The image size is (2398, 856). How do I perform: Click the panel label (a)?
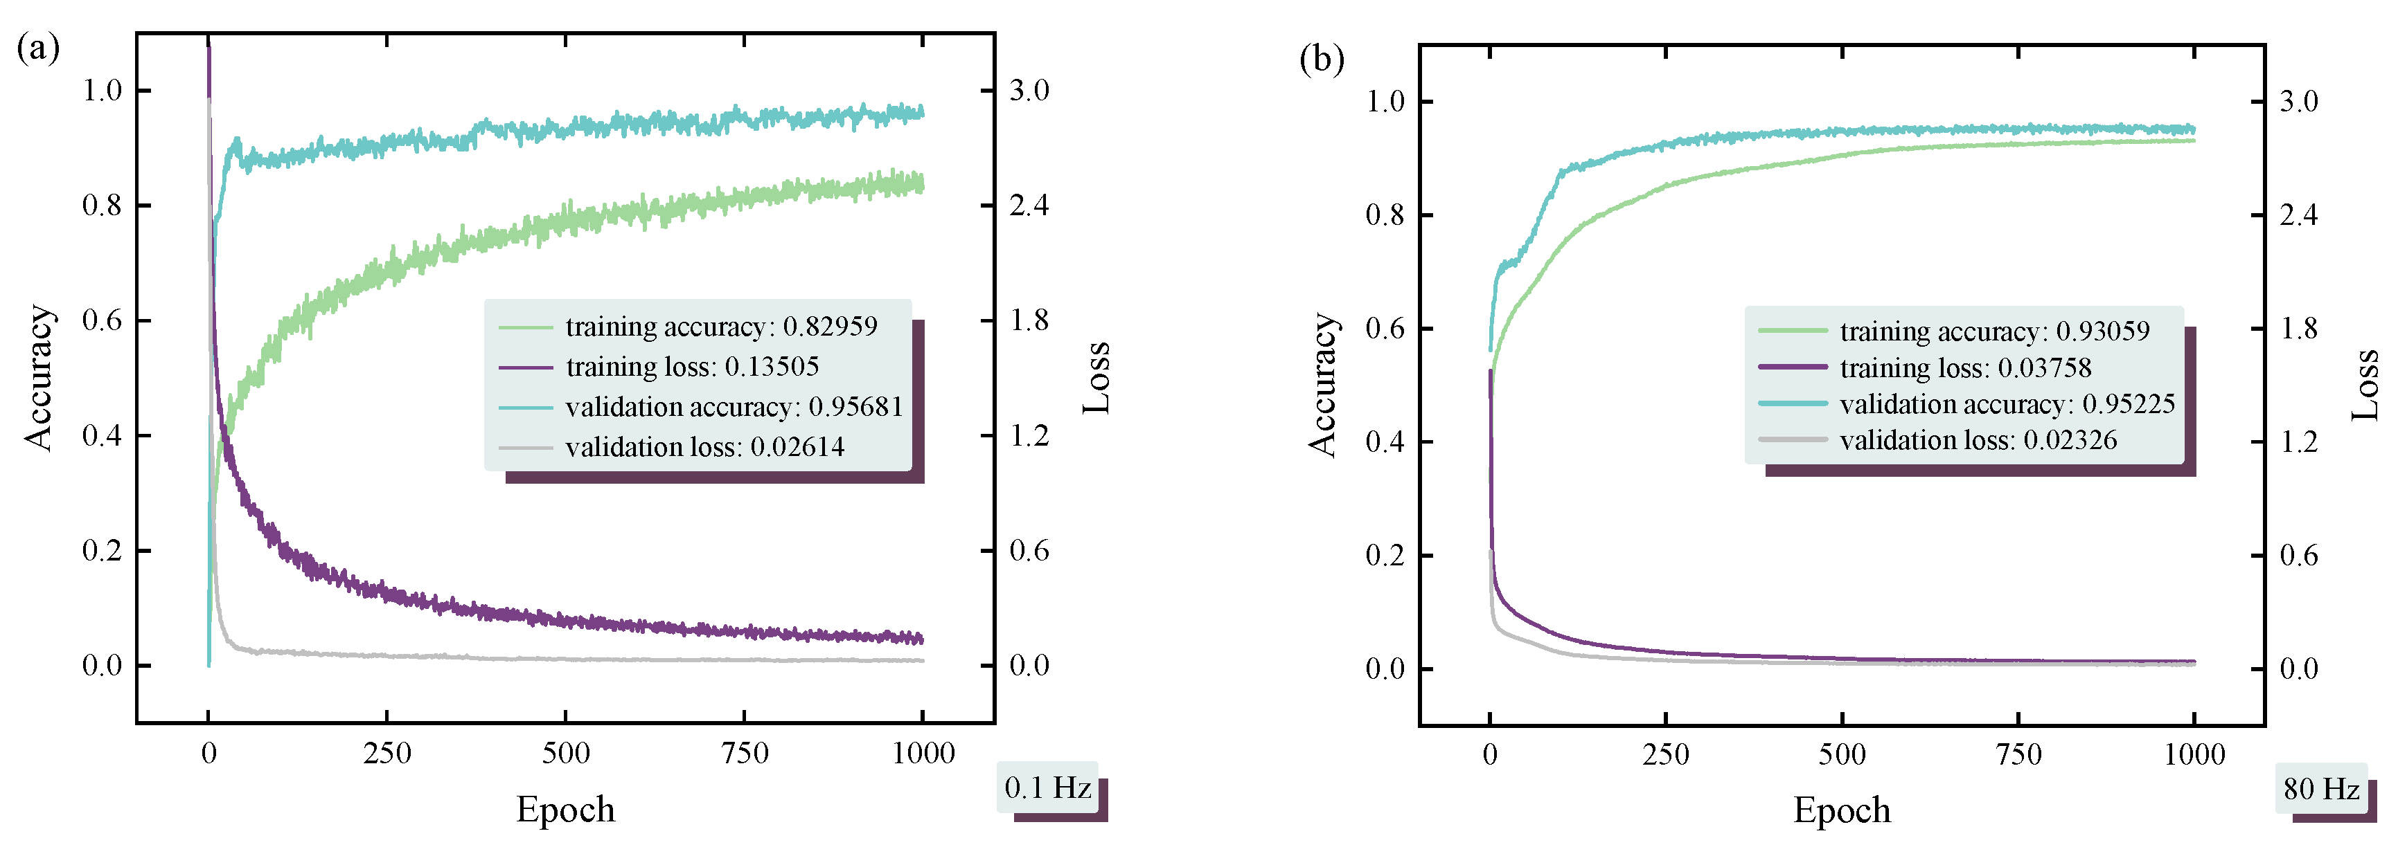(x=38, y=48)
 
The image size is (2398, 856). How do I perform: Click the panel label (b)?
(x=1321, y=60)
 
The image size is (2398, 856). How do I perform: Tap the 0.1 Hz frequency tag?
(x=1047, y=788)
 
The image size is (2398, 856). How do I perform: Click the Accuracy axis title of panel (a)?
(x=38, y=378)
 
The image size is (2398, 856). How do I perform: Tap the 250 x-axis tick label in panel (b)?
(x=1665, y=754)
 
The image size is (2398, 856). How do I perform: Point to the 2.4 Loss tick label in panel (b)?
(x=2298, y=216)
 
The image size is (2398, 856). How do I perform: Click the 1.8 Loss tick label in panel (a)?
(x=1029, y=321)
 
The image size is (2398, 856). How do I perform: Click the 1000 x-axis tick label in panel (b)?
(x=2194, y=754)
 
